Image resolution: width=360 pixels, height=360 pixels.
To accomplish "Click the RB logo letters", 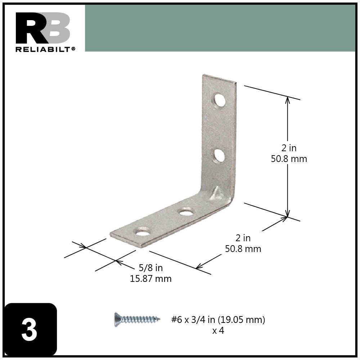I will click(43, 28).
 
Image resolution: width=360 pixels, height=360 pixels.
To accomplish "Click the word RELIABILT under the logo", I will click(43, 49).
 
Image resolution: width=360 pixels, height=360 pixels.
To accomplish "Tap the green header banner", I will click(220, 28).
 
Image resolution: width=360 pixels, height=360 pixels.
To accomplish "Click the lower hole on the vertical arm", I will click(219, 156).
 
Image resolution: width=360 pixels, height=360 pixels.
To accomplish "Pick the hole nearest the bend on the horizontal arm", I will click(186, 212).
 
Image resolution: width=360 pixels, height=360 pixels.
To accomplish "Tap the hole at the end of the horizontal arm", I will click(143, 232).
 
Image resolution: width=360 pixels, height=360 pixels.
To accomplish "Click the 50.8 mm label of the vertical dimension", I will click(289, 159).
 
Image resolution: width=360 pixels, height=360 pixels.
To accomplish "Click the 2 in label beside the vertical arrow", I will click(289, 148).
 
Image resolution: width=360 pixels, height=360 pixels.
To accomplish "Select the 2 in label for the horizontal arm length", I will click(243, 238).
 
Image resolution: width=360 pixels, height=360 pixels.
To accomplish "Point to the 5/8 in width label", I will click(150, 268).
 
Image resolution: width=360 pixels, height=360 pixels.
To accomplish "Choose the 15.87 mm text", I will click(150, 279).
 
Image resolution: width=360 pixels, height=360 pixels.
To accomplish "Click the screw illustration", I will click(137, 319).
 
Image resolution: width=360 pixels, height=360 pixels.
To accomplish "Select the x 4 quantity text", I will click(218, 330).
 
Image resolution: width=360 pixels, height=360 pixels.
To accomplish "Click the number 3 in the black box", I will click(29, 330).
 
